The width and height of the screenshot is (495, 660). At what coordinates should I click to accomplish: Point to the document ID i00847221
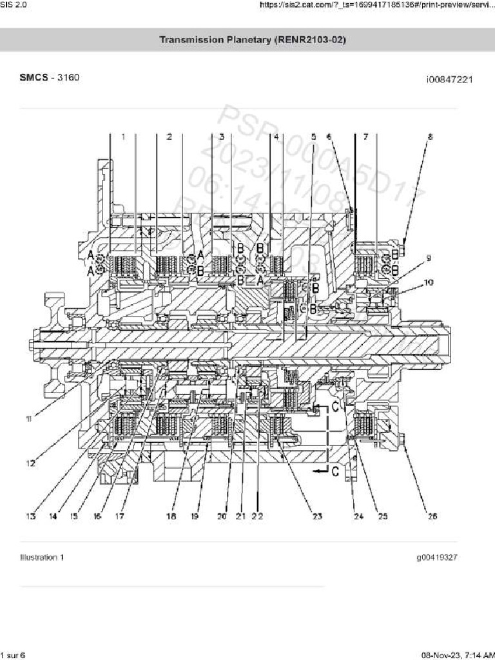click(449, 80)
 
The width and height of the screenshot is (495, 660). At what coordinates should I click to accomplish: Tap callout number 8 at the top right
click(430, 137)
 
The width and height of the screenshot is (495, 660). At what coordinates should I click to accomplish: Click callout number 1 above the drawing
click(122, 137)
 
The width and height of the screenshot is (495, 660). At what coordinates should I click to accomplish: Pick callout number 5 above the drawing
click(314, 137)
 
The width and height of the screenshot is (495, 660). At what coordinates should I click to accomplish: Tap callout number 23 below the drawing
click(316, 516)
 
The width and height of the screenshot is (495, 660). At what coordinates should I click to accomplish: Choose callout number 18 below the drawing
click(171, 516)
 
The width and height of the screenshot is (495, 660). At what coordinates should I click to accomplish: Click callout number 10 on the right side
click(429, 282)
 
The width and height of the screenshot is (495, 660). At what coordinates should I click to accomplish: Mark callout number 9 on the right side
click(427, 258)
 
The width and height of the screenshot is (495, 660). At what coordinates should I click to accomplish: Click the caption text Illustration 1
click(42, 558)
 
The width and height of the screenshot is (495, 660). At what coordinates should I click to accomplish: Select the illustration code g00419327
click(441, 558)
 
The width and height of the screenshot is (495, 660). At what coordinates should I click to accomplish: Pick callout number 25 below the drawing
click(382, 516)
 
